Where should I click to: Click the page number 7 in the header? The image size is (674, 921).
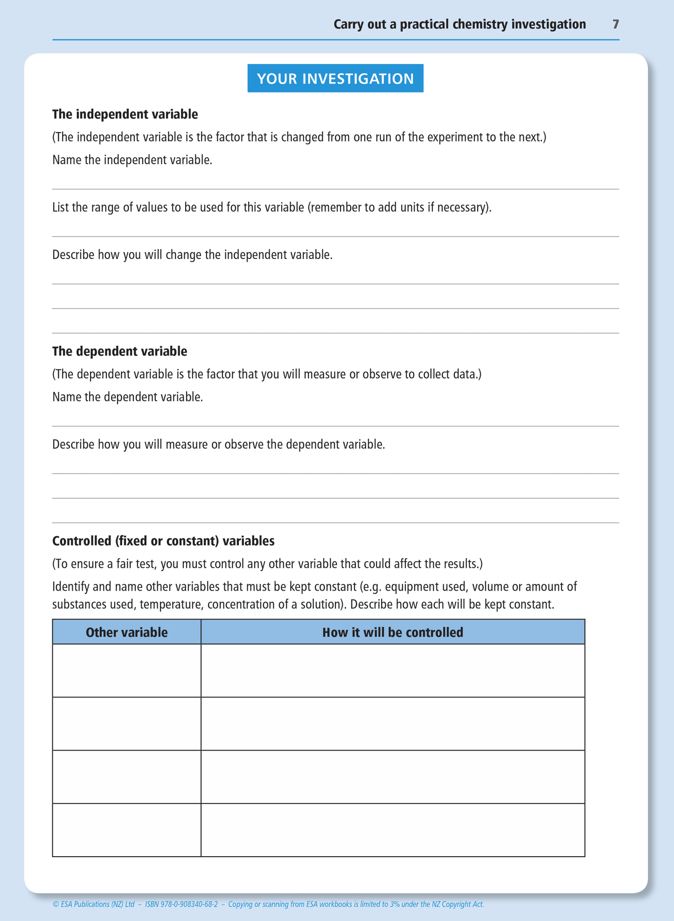[616, 24]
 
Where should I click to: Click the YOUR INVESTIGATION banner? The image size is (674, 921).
[335, 78]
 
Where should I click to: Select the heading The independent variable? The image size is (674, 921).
[125, 114]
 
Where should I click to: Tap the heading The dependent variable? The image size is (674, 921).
[119, 351]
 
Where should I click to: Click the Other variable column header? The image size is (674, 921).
[126, 632]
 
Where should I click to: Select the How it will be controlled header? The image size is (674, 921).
[393, 632]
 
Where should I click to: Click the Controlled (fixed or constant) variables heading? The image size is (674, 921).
[163, 541]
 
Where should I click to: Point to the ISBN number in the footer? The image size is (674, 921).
[181, 904]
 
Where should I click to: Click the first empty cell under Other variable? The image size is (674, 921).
[126, 670]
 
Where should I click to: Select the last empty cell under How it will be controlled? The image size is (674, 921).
[393, 830]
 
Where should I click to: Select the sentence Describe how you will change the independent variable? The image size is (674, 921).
[192, 255]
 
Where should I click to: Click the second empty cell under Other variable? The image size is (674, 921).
[126, 724]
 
